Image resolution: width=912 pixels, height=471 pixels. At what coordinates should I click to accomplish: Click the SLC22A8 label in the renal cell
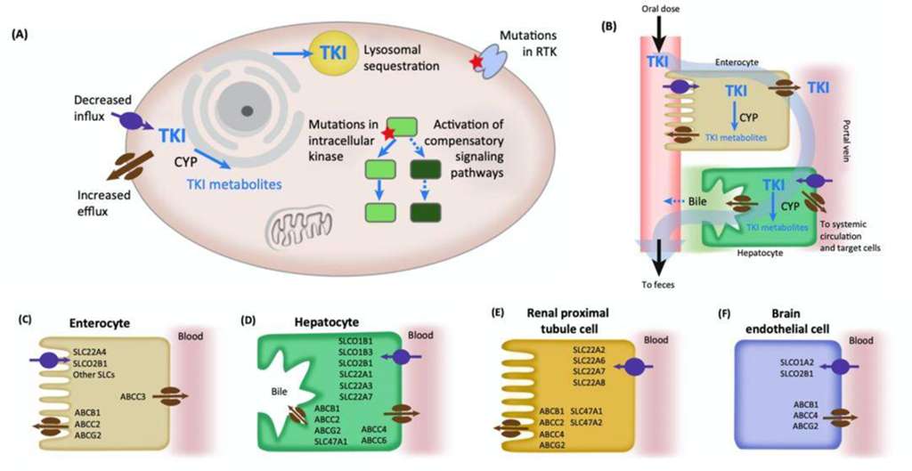591,383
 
